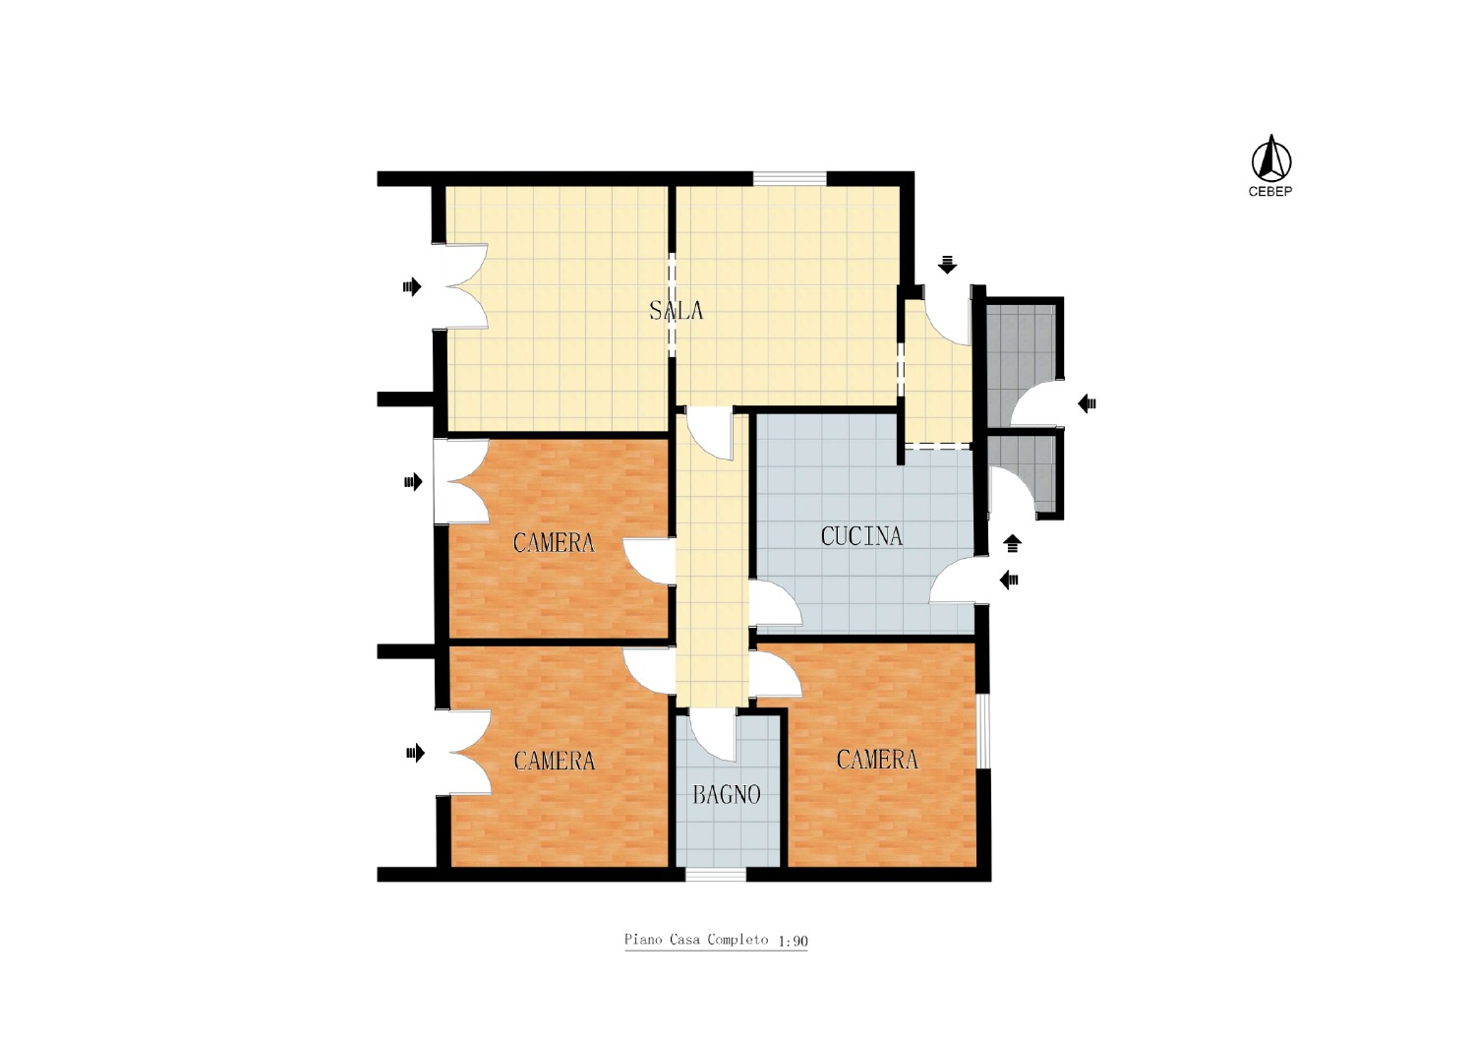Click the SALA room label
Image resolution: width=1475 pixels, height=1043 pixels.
point(677,310)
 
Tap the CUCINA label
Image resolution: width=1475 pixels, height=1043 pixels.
point(861,536)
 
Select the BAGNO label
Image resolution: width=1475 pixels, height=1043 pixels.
point(727,795)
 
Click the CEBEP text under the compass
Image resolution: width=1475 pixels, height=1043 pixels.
point(1270,192)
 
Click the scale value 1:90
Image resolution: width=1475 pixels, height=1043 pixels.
point(793,941)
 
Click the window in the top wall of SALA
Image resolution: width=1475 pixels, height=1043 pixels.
point(790,178)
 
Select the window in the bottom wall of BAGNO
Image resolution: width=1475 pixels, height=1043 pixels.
point(716,875)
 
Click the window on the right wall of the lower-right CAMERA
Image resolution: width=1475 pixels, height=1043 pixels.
point(982,731)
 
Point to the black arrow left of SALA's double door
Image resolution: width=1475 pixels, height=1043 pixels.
point(412,286)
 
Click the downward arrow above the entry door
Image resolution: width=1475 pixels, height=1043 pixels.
point(947,265)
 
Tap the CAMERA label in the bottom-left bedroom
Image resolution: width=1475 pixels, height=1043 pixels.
point(555,761)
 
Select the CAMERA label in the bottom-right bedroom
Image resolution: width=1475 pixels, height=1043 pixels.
point(877,760)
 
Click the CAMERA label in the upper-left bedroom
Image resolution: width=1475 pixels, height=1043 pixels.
point(554,543)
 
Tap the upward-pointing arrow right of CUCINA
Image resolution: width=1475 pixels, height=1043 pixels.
point(1012,543)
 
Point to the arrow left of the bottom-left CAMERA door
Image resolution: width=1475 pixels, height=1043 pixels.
point(416,753)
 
